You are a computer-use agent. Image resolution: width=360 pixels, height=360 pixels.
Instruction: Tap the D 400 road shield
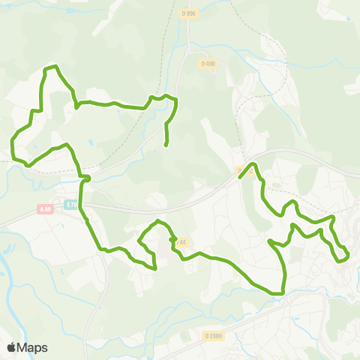point(208,64)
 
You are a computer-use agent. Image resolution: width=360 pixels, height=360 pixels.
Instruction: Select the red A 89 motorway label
point(46,209)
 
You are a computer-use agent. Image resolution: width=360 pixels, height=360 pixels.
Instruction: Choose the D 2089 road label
point(214,337)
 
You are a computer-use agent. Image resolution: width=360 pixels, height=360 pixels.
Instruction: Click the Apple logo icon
point(11,347)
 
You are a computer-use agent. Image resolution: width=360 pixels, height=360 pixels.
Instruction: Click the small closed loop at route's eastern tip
point(342,255)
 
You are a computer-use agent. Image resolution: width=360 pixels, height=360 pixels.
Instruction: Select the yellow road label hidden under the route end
point(241,172)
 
